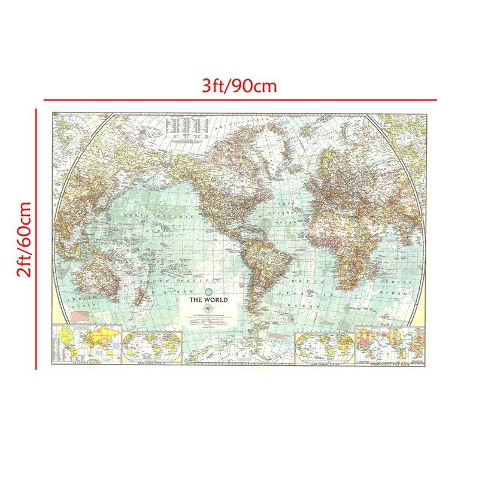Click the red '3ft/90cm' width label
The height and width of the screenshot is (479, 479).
pos(239,86)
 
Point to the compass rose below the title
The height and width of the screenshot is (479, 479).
pos(208,308)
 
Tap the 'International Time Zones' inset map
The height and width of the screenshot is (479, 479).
pos(390,344)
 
